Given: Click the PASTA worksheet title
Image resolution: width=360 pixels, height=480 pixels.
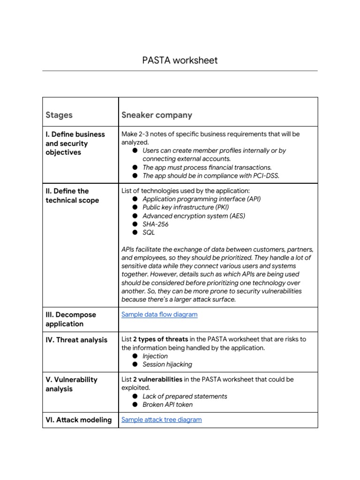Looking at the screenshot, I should (x=180, y=60).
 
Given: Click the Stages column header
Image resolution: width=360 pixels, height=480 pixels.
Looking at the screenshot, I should (x=59, y=115).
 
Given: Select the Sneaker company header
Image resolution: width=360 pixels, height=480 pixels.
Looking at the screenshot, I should (x=157, y=115).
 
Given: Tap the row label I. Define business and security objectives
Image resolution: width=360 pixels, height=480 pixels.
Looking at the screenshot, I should (x=75, y=143).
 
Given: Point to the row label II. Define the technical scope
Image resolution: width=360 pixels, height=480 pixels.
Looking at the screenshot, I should (x=72, y=195).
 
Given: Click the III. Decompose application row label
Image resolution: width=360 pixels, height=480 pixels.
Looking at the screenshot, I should (x=70, y=319).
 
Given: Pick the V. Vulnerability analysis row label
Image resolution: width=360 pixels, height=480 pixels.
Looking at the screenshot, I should (x=71, y=384).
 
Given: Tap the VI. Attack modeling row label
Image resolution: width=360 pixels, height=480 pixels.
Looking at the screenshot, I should (x=79, y=420).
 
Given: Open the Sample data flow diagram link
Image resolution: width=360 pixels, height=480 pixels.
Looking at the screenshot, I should (x=159, y=315).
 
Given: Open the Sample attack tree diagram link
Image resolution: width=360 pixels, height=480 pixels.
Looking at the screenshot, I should (x=161, y=420).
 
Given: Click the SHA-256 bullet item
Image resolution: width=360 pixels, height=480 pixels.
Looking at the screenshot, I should (x=155, y=224).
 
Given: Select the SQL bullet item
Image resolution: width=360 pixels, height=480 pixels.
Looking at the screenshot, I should (x=149, y=232).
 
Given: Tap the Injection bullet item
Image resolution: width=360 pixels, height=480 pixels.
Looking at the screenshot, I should (x=155, y=356).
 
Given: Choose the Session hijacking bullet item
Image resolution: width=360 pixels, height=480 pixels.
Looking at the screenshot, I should (x=167, y=364).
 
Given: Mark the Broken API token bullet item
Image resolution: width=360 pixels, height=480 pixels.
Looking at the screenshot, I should (x=167, y=405).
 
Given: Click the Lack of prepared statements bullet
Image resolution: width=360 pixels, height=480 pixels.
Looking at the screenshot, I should (x=185, y=396).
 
